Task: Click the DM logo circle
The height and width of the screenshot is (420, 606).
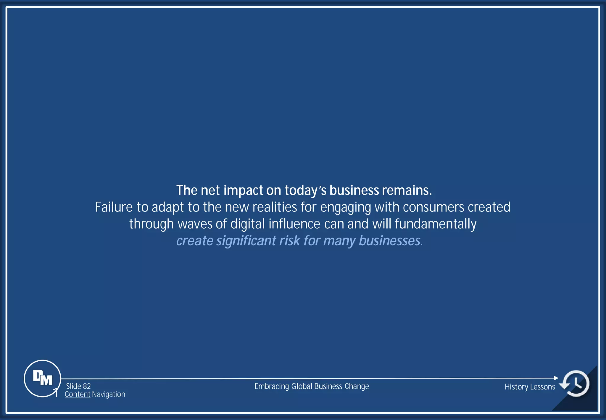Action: point(42,378)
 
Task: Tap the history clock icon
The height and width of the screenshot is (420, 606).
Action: point(576,383)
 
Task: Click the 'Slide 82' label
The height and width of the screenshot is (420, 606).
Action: point(78,386)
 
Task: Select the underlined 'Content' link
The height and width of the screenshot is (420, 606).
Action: point(77,394)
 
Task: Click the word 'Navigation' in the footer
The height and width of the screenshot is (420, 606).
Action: point(109,394)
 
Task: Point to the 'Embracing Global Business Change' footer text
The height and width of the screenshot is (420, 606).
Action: point(312,386)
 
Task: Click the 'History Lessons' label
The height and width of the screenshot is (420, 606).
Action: point(530,387)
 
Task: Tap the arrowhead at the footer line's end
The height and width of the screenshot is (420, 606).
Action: point(556,378)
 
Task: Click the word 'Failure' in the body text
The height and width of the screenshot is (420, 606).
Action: point(114,207)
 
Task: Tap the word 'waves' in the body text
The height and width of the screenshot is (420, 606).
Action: point(195,224)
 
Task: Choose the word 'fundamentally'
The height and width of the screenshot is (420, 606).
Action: point(436,224)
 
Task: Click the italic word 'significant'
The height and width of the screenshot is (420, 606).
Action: point(246,241)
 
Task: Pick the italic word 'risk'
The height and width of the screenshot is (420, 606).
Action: point(290,241)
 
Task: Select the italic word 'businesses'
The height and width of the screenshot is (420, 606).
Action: point(390,241)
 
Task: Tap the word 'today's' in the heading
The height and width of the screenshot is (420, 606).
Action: point(305,190)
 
